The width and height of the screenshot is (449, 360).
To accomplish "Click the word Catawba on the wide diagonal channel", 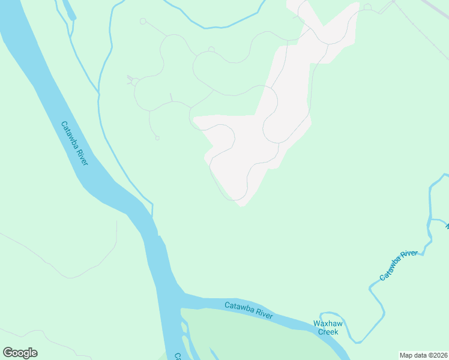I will point(71,134).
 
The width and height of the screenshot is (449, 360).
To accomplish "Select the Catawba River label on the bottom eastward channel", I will point(249,310).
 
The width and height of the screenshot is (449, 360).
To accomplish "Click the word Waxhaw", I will point(328,323).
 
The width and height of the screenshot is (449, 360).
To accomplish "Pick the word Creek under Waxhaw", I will point(328,332).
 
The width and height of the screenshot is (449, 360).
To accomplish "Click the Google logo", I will point(20,353).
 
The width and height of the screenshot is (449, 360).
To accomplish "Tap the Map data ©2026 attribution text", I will point(423,355).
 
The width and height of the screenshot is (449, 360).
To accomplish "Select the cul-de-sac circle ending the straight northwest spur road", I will point(143,22).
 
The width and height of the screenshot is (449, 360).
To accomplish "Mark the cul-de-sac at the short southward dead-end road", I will point(157,138).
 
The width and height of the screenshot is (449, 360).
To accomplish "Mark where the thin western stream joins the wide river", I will point(152,217).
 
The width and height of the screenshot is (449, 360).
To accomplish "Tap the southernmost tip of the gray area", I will point(242,206).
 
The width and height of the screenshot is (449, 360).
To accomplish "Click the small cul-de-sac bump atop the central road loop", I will point(211,49).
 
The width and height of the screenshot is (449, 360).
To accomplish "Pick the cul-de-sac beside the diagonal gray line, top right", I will point(367,7).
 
